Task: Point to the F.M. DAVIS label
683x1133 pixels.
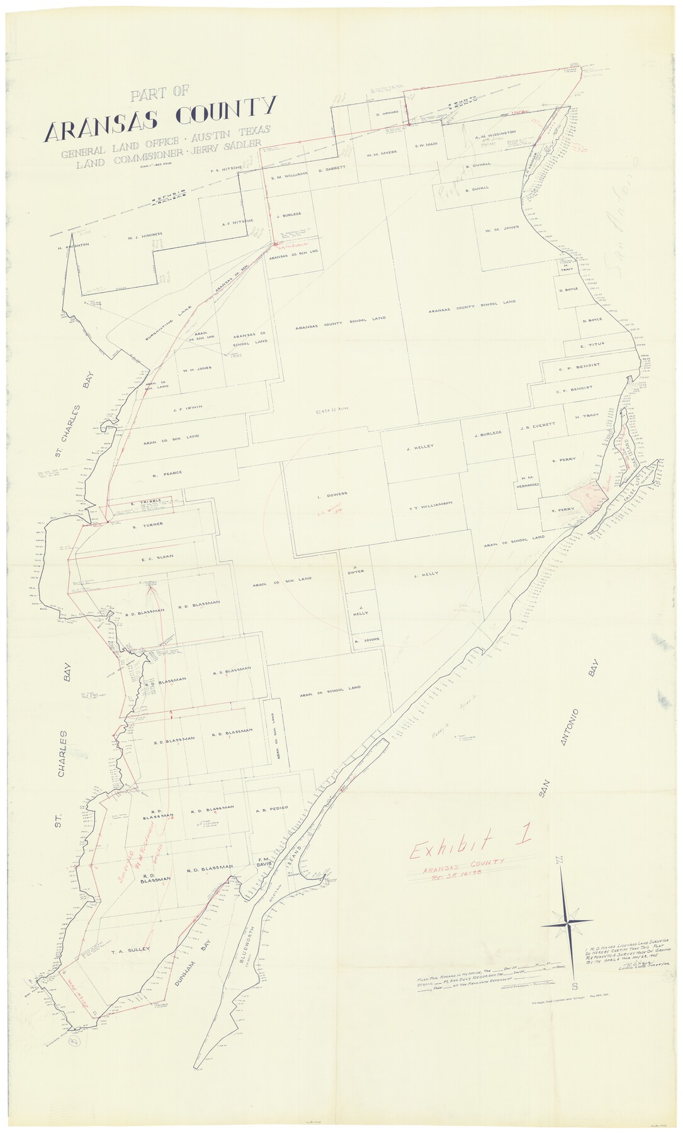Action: click(264, 863)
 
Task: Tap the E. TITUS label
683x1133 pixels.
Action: click(592, 346)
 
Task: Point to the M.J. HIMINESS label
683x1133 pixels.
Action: click(145, 236)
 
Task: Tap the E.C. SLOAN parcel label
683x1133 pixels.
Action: click(157, 556)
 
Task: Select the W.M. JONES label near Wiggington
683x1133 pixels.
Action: click(502, 229)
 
